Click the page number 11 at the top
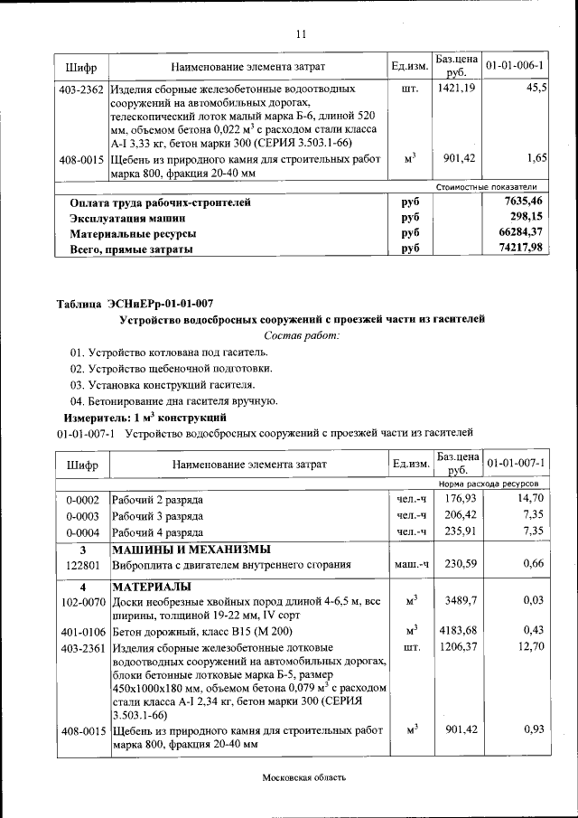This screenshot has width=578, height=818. pyautogui.click(x=302, y=34)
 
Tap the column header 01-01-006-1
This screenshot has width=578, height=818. pyautogui.click(x=515, y=67)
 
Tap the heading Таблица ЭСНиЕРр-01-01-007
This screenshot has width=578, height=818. pyautogui.click(x=135, y=303)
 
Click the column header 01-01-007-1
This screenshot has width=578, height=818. pyautogui.click(x=515, y=464)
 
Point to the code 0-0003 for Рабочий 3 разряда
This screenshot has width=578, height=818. pyautogui.click(x=82, y=516)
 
